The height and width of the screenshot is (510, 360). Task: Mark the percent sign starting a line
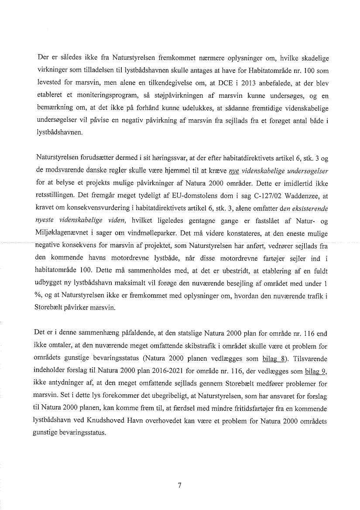tap(37, 296)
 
